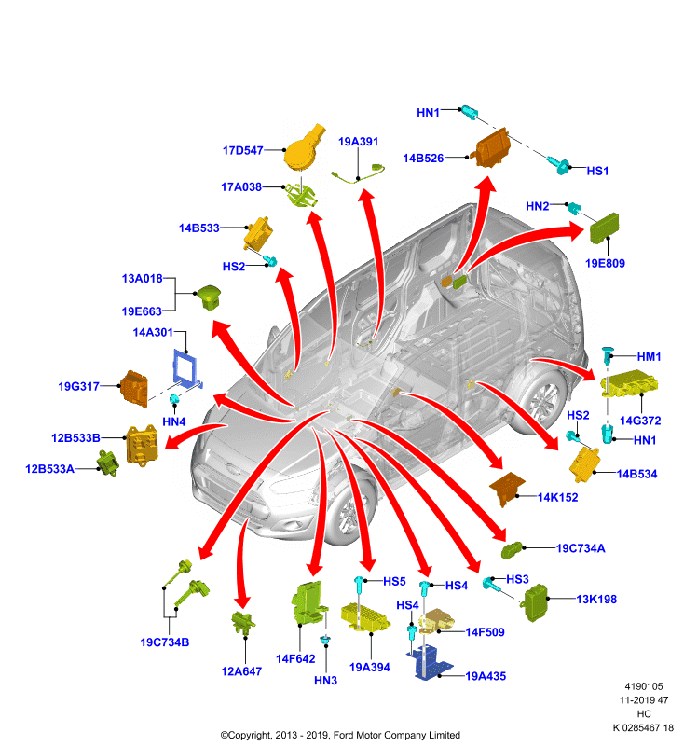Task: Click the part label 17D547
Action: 243,150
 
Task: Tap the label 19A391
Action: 358,142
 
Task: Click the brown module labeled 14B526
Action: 492,148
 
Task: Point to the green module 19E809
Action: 604,228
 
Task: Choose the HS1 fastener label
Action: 597,171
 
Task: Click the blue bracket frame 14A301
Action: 186,368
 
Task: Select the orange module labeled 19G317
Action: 134,388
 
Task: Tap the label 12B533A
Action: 49,469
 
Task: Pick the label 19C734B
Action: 164,642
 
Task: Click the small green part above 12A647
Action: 243,622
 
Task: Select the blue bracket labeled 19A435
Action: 430,662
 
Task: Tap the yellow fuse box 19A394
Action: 365,617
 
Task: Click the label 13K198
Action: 596,599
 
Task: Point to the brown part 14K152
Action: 507,489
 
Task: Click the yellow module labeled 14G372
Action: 628,383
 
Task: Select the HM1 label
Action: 649,356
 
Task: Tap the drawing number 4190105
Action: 643,686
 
